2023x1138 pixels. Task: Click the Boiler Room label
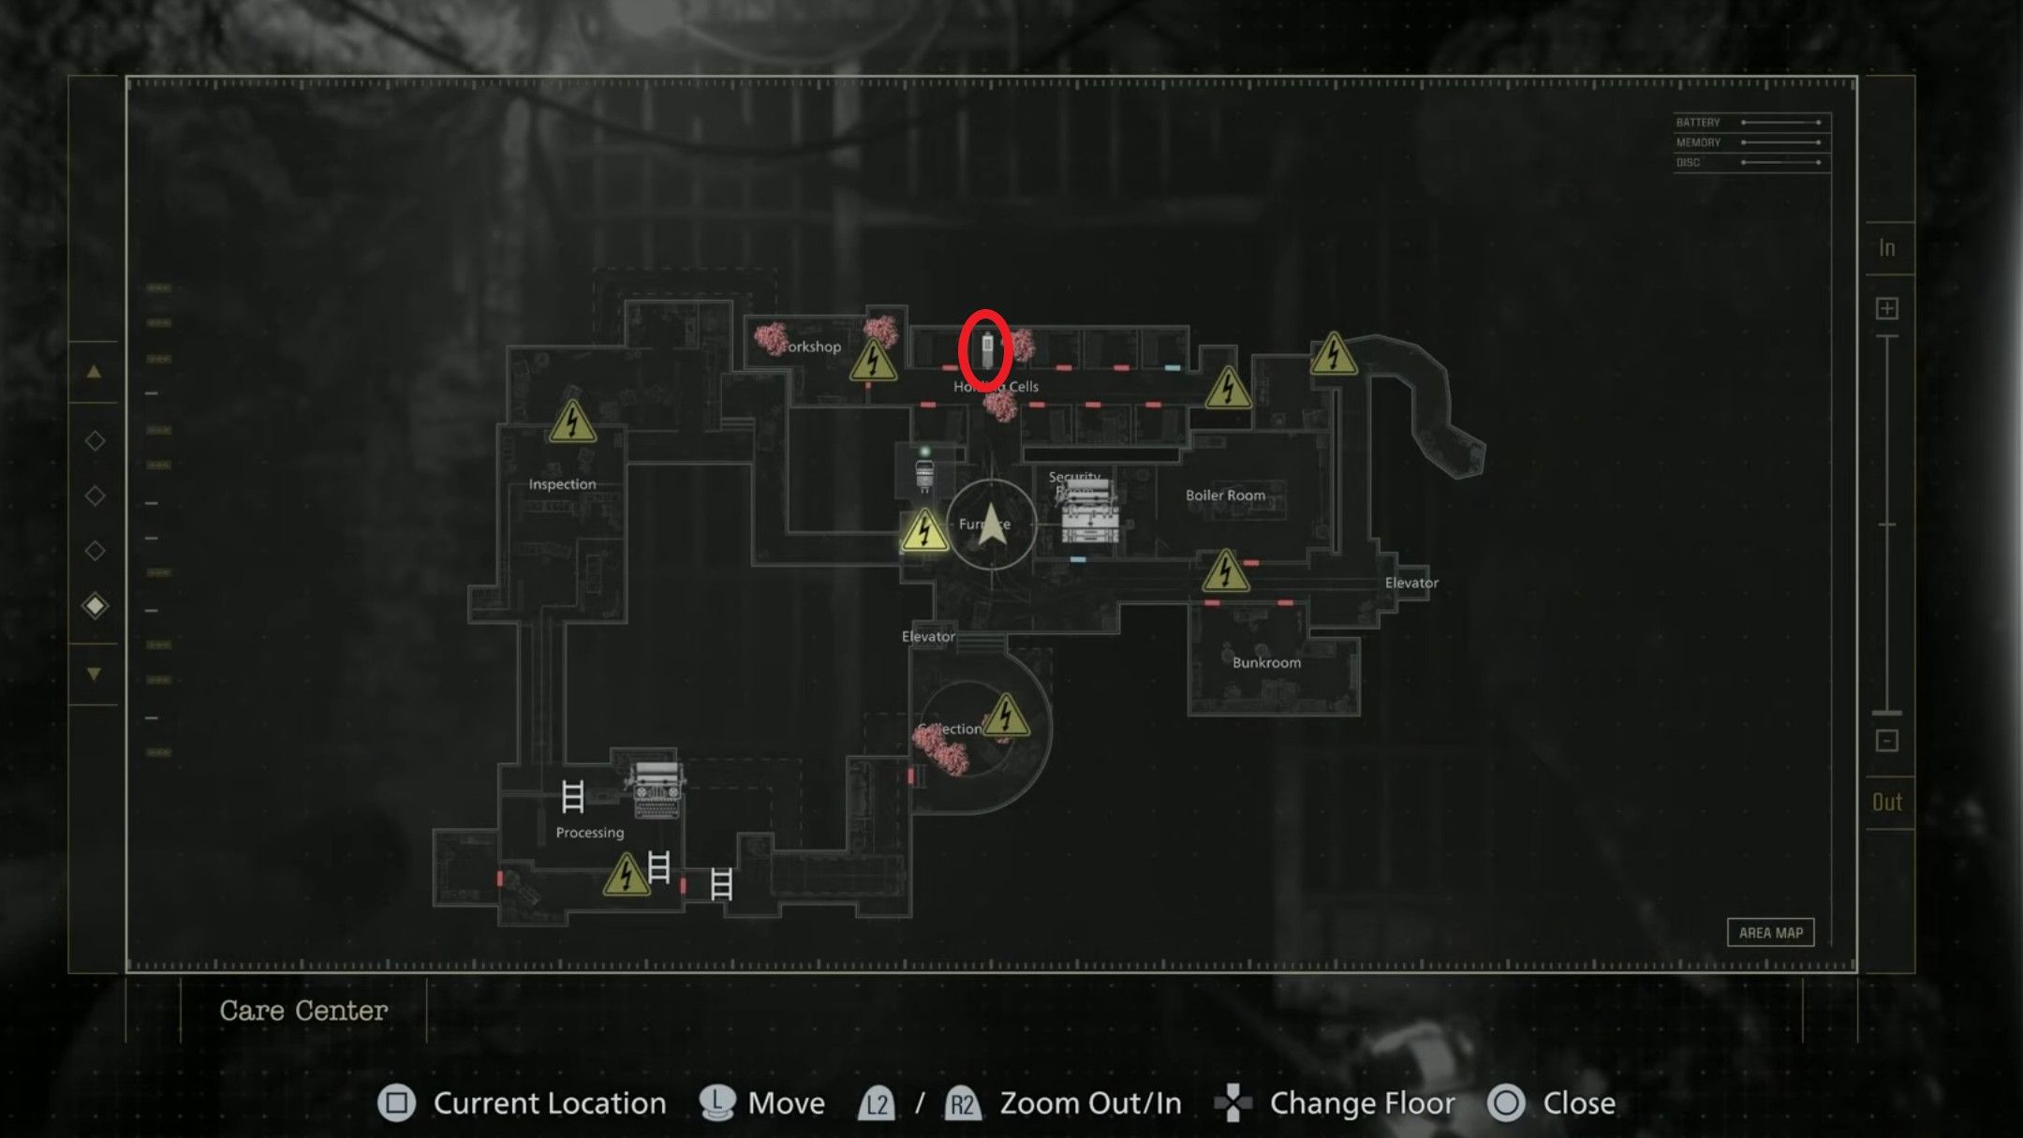(x=1225, y=495)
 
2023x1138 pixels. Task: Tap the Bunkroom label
(x=1266, y=663)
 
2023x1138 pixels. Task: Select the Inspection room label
(x=562, y=484)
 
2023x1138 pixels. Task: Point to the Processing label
(x=589, y=833)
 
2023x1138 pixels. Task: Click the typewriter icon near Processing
(x=657, y=790)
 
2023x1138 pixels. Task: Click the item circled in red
(x=986, y=349)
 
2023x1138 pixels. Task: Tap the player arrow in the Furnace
(x=992, y=525)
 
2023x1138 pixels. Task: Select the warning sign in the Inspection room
(x=572, y=421)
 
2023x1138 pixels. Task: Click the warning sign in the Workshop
(x=873, y=362)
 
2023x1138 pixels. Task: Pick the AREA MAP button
(x=1770, y=933)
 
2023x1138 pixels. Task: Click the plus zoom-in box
(x=1887, y=309)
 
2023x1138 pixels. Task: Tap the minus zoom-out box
(x=1887, y=741)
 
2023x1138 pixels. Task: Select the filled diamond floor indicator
(x=95, y=606)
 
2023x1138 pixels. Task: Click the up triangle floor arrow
(x=94, y=372)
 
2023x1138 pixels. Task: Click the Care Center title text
(x=303, y=1012)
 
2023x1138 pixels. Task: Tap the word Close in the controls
(x=1579, y=1103)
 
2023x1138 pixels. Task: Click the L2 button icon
(x=877, y=1104)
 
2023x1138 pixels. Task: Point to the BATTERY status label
(x=1698, y=123)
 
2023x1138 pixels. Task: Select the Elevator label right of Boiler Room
(x=1410, y=583)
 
